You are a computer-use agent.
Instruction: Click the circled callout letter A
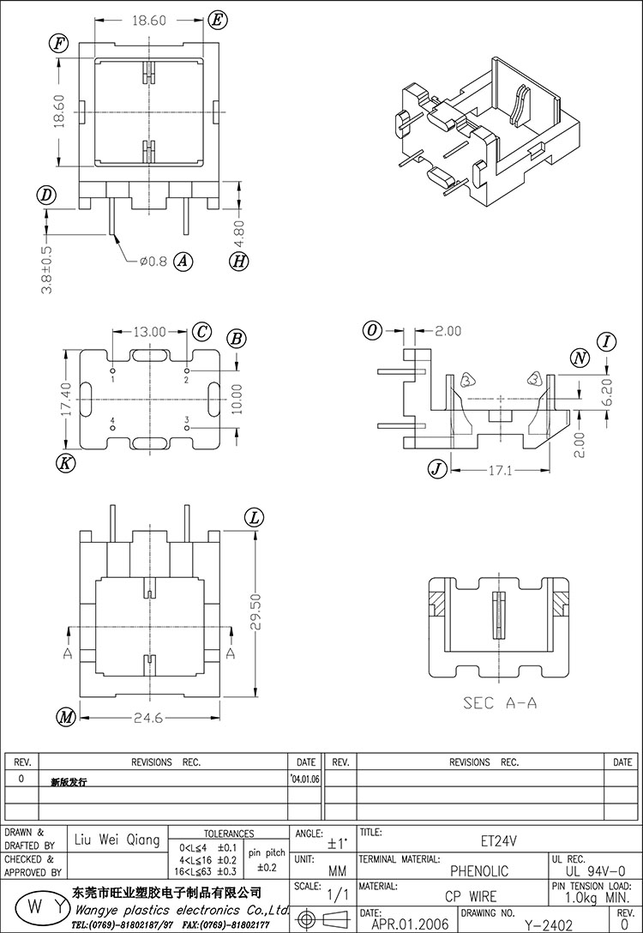click(183, 261)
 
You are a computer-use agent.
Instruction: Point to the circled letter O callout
click(372, 331)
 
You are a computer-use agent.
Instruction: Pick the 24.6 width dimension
click(147, 719)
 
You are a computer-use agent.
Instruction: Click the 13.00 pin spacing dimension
click(150, 331)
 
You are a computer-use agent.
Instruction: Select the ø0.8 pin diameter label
click(153, 261)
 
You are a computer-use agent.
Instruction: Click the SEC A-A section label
click(500, 702)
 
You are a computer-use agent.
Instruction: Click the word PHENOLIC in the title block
click(480, 871)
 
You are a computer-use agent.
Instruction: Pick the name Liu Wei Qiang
click(118, 840)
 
